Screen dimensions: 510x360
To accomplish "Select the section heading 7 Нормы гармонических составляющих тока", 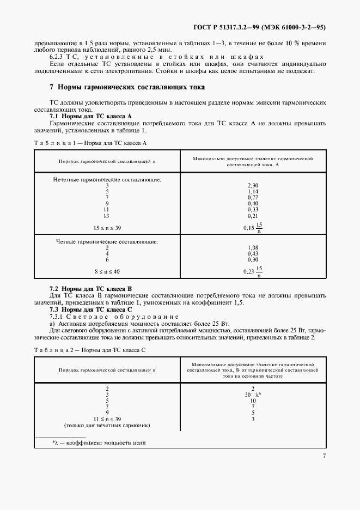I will (127, 87).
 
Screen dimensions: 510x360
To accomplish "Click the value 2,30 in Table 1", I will (252, 185).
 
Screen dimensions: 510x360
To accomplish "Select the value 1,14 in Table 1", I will (252, 192).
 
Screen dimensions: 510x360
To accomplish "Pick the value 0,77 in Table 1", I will (252, 198).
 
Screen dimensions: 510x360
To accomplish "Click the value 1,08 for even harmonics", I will (252, 247).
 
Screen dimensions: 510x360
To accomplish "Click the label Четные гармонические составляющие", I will (107, 240).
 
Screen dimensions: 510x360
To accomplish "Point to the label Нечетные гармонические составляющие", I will (107, 179).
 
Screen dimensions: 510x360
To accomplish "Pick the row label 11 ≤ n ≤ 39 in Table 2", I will (107, 418).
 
